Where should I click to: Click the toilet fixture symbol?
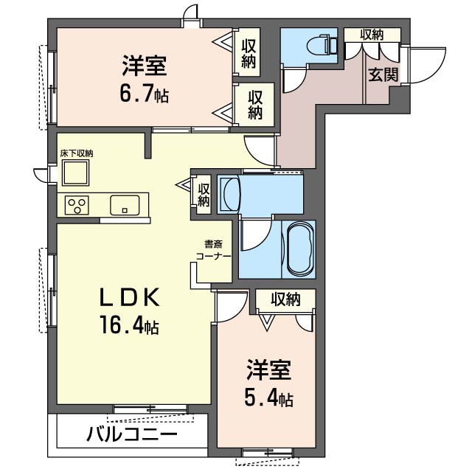click(322, 45)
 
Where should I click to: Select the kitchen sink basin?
click(125, 205)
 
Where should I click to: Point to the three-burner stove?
click(77, 205)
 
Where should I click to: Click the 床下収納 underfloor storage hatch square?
click(75, 173)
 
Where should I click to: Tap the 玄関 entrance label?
click(383, 74)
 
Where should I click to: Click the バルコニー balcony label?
click(132, 434)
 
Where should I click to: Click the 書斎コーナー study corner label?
click(213, 249)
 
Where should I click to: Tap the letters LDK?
click(130, 297)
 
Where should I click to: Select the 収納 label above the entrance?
click(372, 35)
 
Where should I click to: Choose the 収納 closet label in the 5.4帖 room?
click(285, 299)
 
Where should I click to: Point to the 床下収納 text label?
click(77, 153)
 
